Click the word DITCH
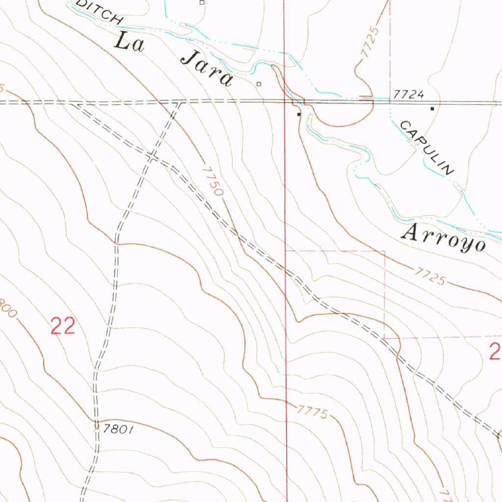coord(100,11)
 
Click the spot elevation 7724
coord(408,94)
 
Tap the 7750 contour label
coord(212,181)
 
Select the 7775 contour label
coord(311,411)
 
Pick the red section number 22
coord(63,326)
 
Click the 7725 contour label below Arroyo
coord(429,276)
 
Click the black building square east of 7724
coord(432,108)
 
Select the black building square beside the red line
coord(299,114)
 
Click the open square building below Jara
coord(259,84)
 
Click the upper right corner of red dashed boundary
coord(384,251)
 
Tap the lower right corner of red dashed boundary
coord(384,338)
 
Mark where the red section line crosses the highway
coord(285,101)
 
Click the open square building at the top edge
coord(201,2)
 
